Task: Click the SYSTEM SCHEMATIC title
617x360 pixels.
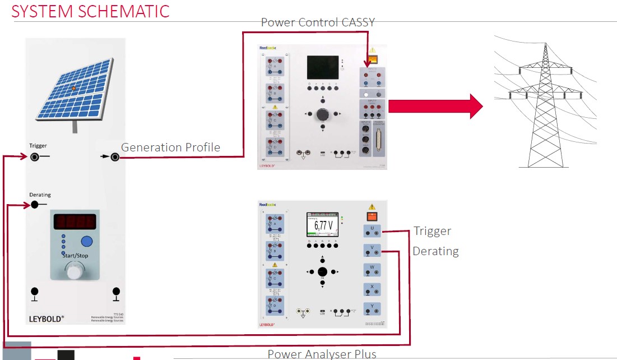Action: [x=90, y=11]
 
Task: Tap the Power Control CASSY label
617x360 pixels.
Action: [x=317, y=22]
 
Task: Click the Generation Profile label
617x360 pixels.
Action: [x=170, y=147]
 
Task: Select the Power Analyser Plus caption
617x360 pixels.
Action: [x=322, y=353]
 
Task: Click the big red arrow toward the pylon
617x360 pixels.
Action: [x=435, y=106]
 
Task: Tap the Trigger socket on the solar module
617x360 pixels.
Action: [x=35, y=157]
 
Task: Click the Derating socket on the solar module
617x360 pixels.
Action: [x=35, y=205]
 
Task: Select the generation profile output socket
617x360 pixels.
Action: [x=115, y=157]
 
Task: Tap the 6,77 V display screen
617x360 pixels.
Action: [x=322, y=226]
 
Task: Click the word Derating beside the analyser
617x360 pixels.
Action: [x=435, y=251]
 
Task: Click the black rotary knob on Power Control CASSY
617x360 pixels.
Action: [x=322, y=114]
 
